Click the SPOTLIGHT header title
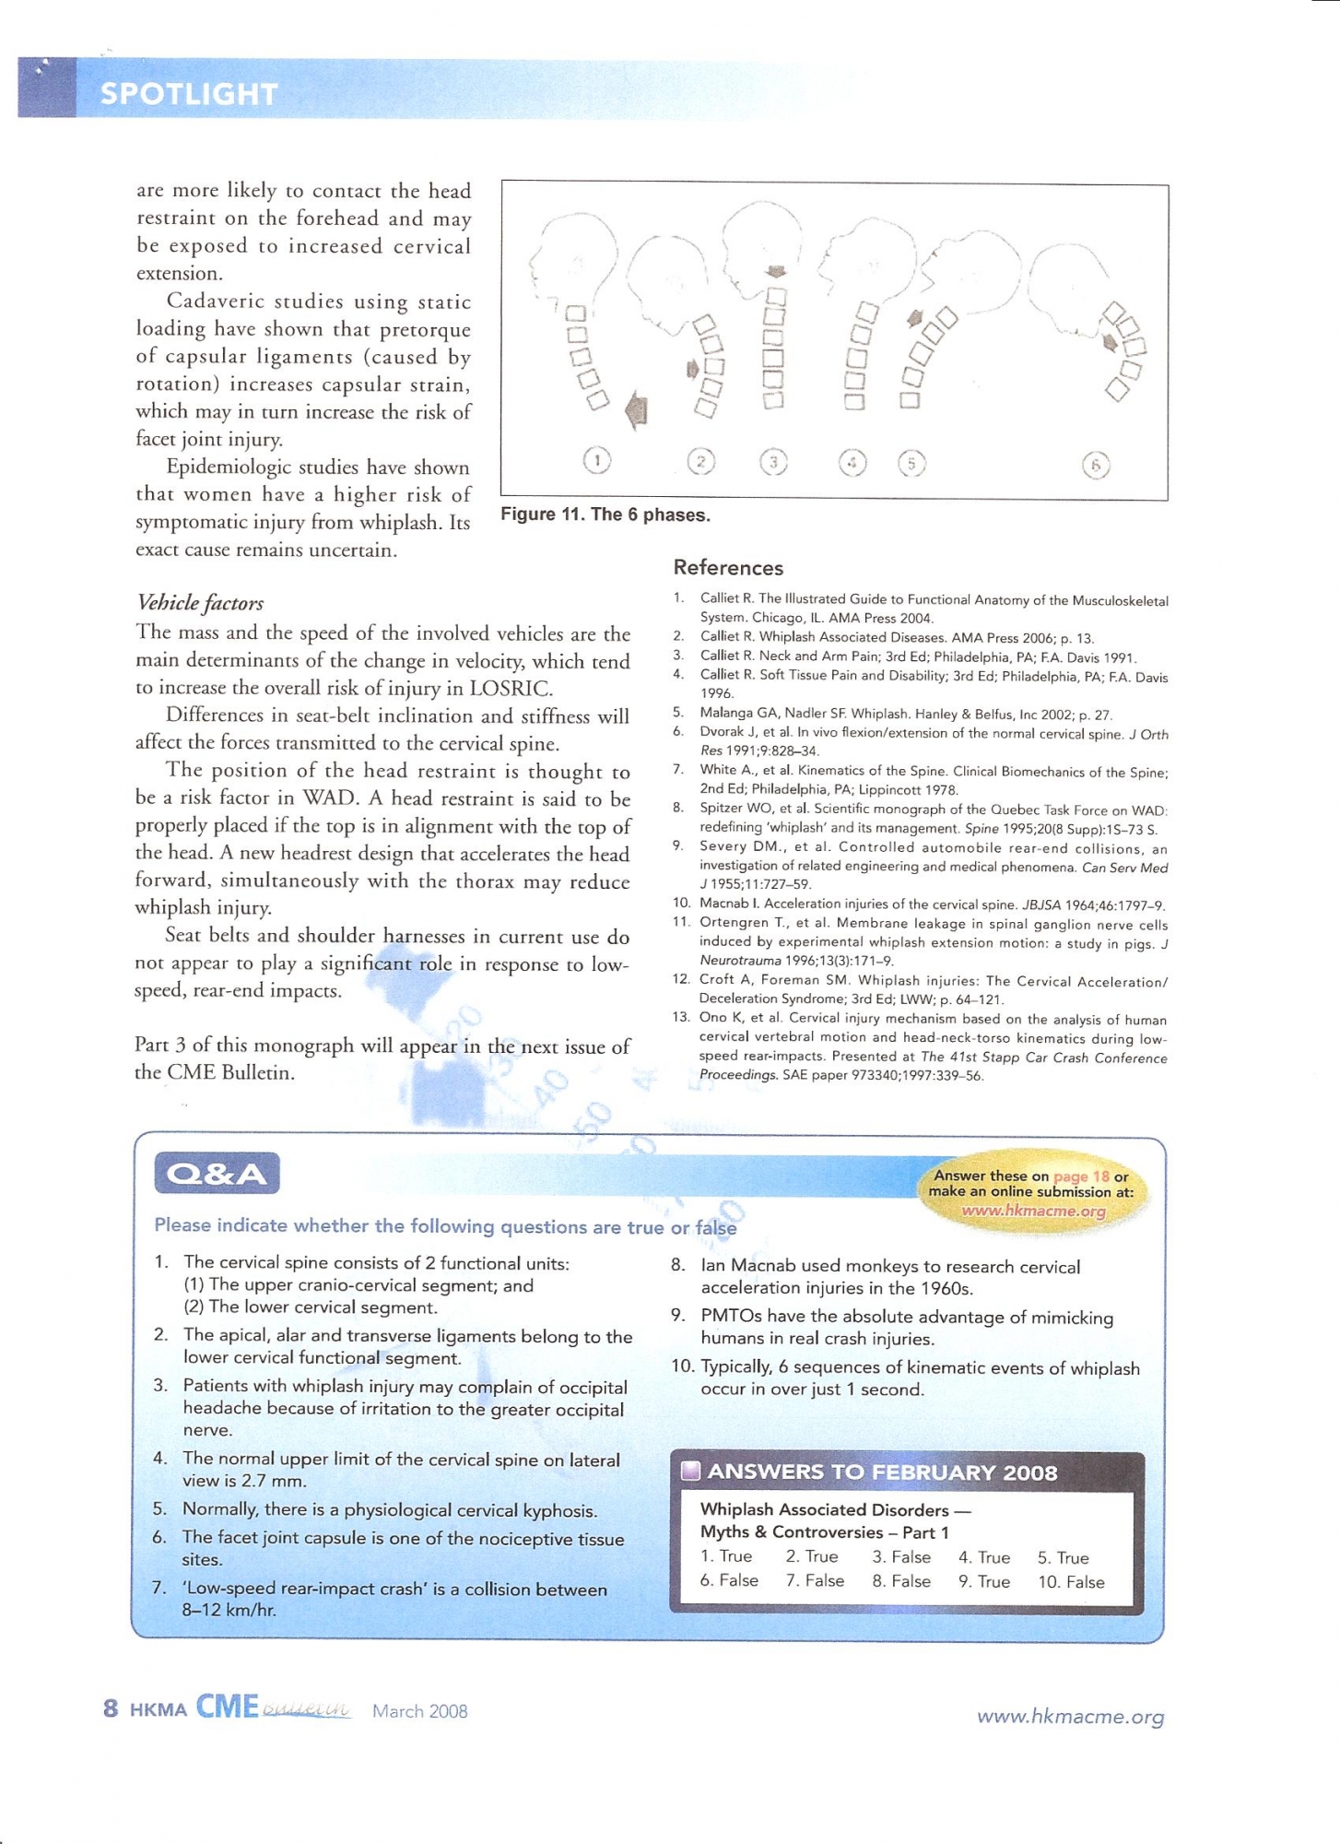(x=188, y=93)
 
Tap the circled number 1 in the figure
(x=597, y=459)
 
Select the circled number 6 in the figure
(x=1096, y=465)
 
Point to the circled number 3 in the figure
(x=773, y=461)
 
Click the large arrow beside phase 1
(x=636, y=408)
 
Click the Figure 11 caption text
(x=605, y=514)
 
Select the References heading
(x=728, y=568)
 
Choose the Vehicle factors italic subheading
(x=199, y=603)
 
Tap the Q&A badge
(x=217, y=1174)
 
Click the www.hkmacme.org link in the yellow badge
(x=1033, y=1211)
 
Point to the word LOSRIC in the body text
(x=510, y=688)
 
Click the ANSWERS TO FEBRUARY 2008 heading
(x=882, y=1472)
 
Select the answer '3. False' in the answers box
(x=900, y=1557)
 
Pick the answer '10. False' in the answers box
(x=1071, y=1582)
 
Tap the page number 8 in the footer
(x=111, y=1708)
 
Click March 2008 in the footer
(x=419, y=1711)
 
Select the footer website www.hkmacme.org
(x=1070, y=1716)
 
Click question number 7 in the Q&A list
(x=159, y=1588)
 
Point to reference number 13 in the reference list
(x=681, y=1018)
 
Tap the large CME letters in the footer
(x=227, y=1707)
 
